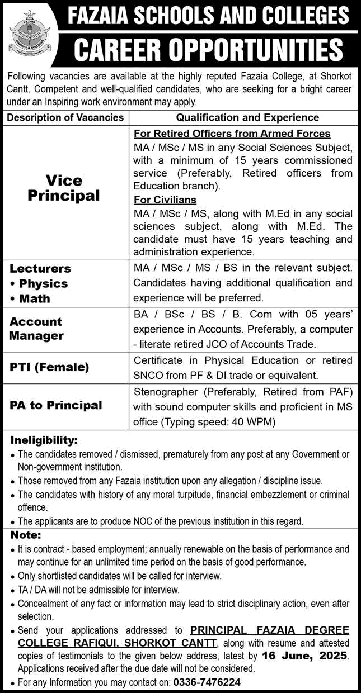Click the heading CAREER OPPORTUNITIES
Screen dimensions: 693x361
[208, 50]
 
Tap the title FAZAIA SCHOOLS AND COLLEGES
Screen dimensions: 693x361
[208, 16]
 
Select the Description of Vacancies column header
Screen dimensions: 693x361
[65, 117]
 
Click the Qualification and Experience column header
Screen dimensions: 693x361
[247, 117]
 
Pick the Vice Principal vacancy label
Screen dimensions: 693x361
[65, 188]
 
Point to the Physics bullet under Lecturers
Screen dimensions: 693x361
[43, 283]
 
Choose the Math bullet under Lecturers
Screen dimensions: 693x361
[35, 298]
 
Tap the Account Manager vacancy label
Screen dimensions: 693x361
[36, 329]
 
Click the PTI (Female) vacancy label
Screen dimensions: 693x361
[49, 367]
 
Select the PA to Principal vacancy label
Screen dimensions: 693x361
[56, 405]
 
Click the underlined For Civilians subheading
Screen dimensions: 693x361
[165, 200]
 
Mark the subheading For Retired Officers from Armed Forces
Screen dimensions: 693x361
[232, 134]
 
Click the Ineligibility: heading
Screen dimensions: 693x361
[44, 440]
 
